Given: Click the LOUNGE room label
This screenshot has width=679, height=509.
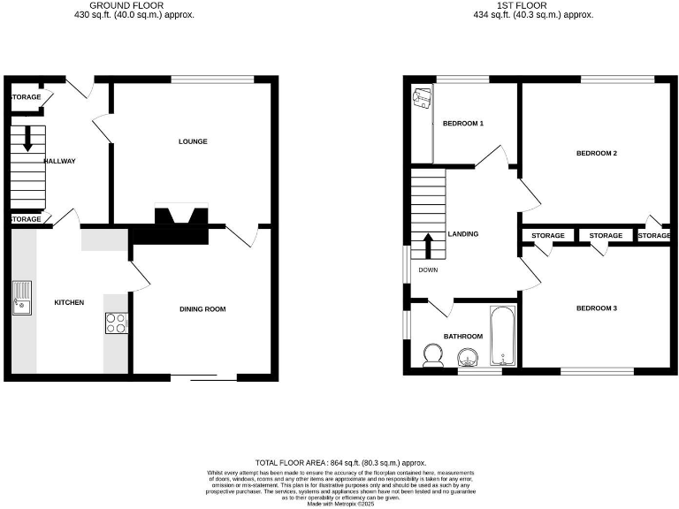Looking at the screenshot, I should point(193,141).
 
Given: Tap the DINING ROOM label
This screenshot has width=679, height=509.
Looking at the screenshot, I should point(203,309).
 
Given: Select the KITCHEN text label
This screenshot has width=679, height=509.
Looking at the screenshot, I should point(69,303).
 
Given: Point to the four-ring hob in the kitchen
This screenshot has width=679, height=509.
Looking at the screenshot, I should point(116,323).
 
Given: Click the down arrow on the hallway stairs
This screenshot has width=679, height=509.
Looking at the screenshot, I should point(27,139).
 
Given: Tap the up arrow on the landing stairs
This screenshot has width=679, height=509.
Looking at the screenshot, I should point(429,246).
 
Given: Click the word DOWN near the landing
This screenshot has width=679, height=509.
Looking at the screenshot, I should point(428,270).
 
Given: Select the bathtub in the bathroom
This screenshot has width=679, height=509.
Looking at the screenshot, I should point(501,336).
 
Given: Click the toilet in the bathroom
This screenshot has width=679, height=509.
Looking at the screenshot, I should point(433,355).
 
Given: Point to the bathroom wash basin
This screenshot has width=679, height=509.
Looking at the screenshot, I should point(468,357).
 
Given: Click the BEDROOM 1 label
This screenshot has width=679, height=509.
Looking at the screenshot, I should point(463,123).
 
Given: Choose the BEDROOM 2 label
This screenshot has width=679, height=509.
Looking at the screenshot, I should point(596,153).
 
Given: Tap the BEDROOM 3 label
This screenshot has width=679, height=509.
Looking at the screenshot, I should point(596,308).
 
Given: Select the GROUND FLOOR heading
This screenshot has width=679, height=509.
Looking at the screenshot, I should point(141,5).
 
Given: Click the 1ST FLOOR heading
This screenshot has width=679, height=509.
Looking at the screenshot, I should point(532,5).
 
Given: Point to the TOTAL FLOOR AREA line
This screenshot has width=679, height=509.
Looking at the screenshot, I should point(340,462).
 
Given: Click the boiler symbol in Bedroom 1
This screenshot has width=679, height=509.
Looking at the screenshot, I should point(421,98).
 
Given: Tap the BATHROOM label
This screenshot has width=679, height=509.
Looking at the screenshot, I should point(462,336).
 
